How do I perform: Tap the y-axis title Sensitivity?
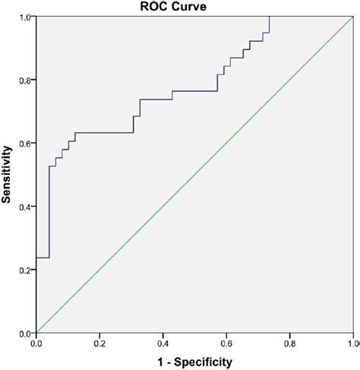click(8, 175)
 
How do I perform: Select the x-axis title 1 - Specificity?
click(194, 362)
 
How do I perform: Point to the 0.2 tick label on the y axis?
click(26, 270)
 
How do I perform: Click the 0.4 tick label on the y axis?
click(26, 207)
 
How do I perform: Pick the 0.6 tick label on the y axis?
click(26, 144)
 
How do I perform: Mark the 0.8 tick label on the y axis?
click(26, 80)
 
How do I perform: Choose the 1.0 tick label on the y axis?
click(26, 17)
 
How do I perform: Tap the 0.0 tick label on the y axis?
click(26, 333)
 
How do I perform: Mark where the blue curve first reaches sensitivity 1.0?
click(269, 17)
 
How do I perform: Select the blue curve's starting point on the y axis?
click(36, 258)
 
